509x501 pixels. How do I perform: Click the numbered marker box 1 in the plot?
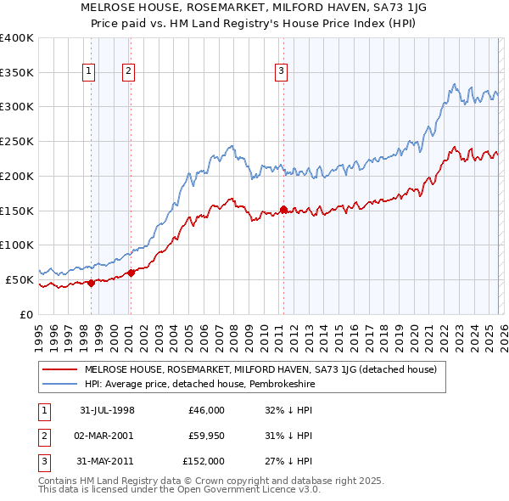click(88, 72)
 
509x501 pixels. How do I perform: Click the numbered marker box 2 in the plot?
click(128, 72)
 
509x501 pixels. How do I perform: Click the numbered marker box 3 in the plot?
click(280, 72)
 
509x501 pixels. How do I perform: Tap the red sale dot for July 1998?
click(92, 283)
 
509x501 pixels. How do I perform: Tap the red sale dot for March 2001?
click(131, 273)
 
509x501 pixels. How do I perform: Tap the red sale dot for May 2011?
click(283, 209)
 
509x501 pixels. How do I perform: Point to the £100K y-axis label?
click(17, 245)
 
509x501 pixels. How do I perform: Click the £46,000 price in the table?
click(207, 409)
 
